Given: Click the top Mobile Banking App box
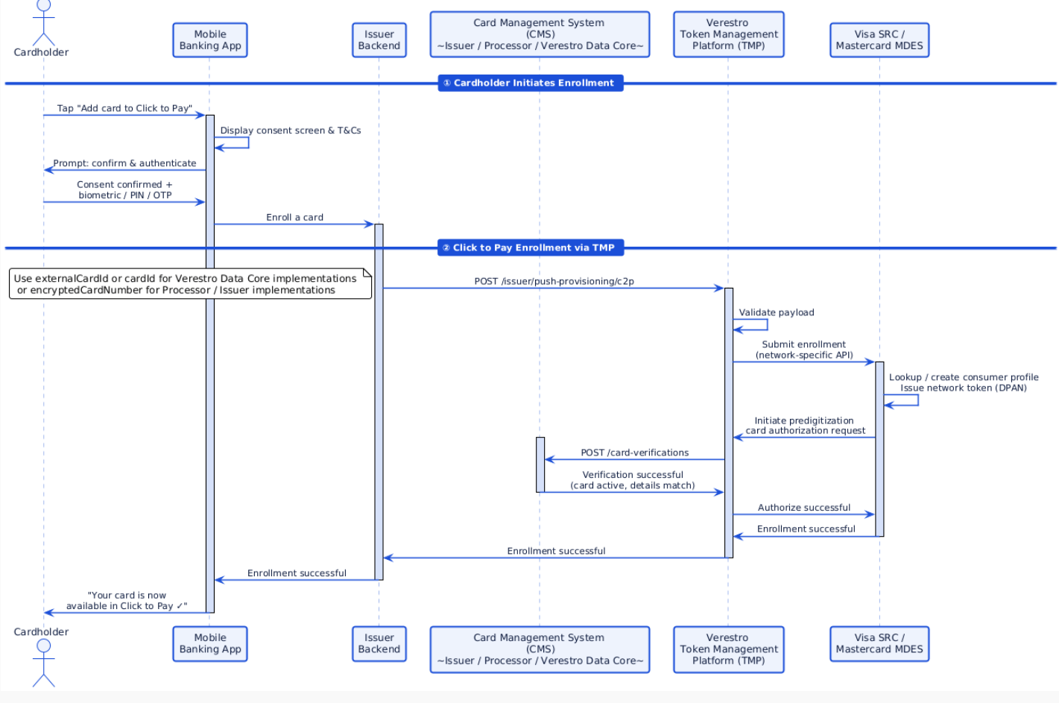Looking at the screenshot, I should [209, 40].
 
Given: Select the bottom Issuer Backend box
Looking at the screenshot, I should [379, 643].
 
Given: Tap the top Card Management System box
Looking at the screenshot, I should [540, 34].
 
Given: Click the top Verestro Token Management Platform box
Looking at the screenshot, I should [728, 34].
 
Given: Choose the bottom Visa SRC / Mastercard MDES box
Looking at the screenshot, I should [879, 643].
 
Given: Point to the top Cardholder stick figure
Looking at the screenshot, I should [43, 22].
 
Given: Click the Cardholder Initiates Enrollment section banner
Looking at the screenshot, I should [530, 83].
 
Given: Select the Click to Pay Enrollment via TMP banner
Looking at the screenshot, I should [530, 248].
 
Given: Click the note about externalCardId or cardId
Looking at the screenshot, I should [190, 284].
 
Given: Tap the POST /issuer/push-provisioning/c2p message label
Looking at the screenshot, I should [554, 281].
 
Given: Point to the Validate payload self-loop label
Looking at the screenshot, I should [776, 312].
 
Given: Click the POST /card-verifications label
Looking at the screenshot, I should [634, 453].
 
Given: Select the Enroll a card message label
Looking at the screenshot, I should [294, 217].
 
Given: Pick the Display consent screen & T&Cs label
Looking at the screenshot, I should [290, 130].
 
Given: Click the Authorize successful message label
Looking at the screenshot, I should [803, 508].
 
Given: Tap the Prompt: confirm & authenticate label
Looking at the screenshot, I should [124, 163].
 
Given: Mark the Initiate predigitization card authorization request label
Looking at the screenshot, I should [804, 426].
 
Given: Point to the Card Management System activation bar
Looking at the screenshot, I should [540, 464].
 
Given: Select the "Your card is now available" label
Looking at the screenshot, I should [126, 601].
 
